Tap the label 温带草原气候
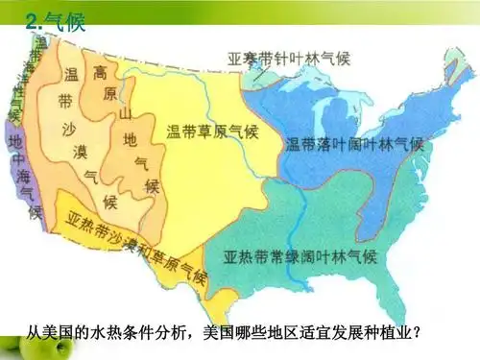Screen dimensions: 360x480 pyautogui.click(x=213, y=132)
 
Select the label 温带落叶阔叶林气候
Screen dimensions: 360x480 pyautogui.click(x=353, y=145)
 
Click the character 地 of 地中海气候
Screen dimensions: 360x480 pyautogui.click(x=15, y=140)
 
